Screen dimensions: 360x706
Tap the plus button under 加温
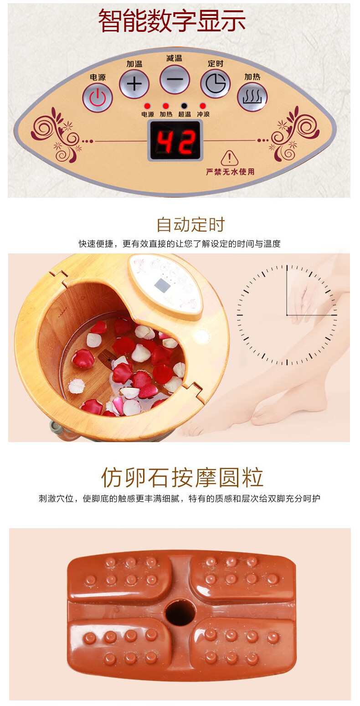pos(134,84)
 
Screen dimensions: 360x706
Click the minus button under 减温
pos(175,79)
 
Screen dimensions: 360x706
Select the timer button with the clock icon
pos(215,84)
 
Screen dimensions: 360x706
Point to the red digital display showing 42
pos(176,141)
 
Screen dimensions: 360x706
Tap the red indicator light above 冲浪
pos(203,106)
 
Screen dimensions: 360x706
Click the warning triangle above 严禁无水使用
pos(230,158)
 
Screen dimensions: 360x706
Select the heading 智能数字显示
pos(172,21)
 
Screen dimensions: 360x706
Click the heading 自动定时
pos(191,224)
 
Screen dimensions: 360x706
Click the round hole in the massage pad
pos(180,613)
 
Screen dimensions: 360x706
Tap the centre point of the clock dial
pos(287,315)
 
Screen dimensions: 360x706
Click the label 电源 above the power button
pos(98,77)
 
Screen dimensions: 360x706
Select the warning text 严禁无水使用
pos(230,172)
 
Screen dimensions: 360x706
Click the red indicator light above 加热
pos(165,106)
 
